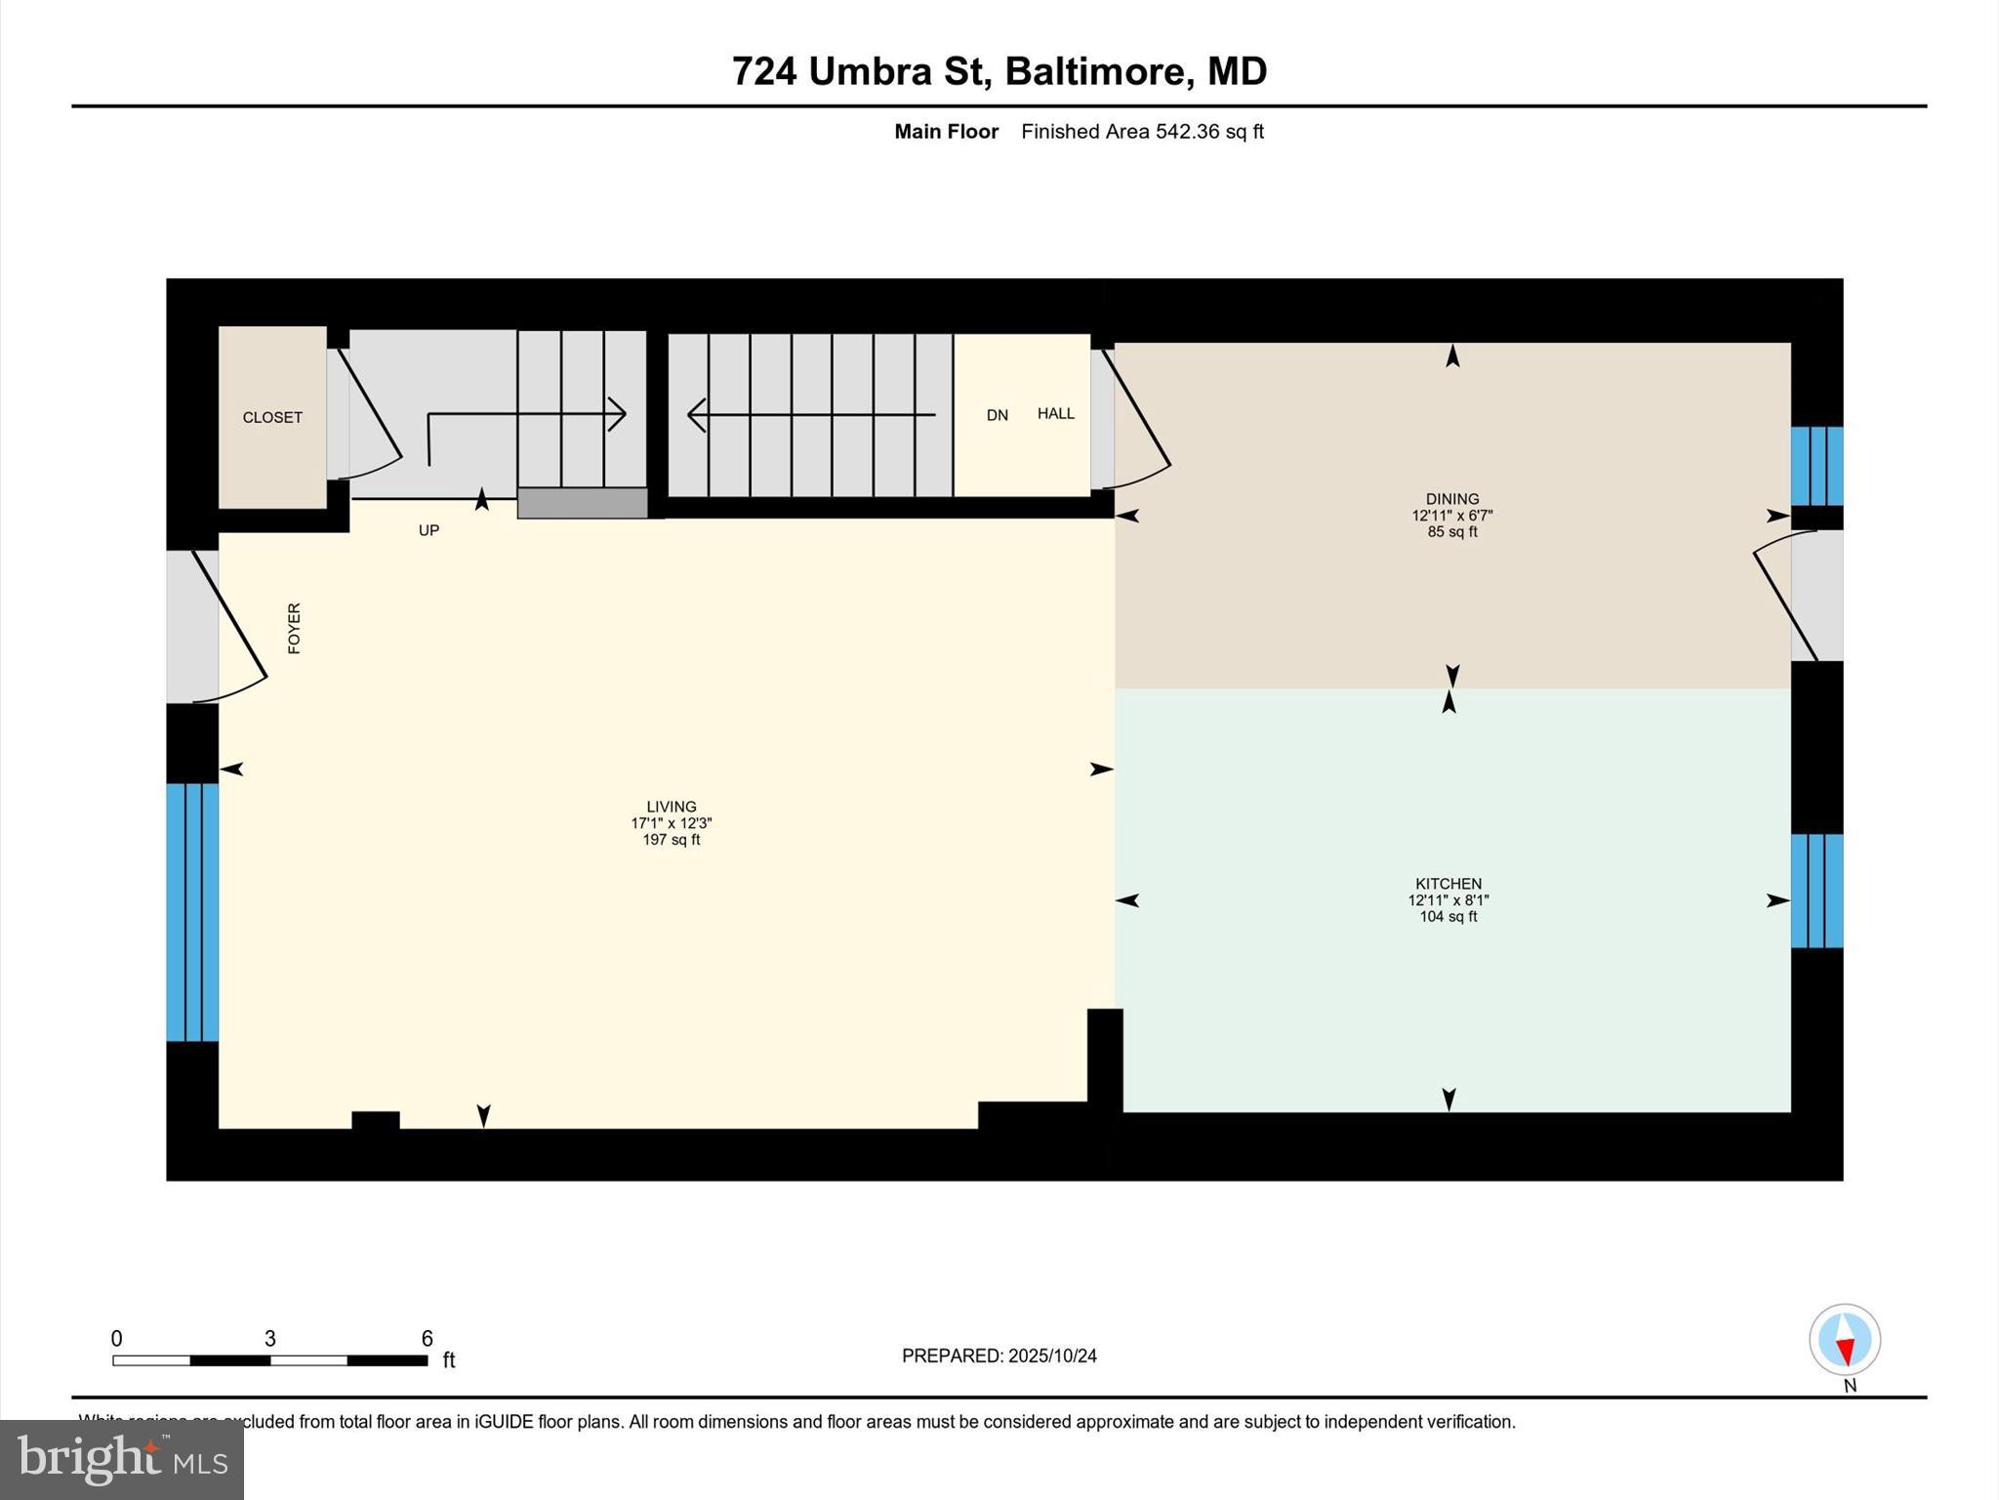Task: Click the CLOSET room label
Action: (272, 417)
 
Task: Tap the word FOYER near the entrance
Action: (294, 628)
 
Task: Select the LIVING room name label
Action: (672, 807)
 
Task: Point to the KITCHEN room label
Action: (1448, 884)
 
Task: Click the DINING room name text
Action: (1452, 499)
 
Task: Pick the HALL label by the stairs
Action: (1055, 414)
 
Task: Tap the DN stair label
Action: (997, 415)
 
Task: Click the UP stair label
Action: (428, 530)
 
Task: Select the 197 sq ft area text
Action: (672, 840)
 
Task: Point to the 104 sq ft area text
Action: (1448, 917)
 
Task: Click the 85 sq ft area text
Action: (1452, 532)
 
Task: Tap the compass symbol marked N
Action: (1845, 1340)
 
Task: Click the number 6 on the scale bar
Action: (427, 1339)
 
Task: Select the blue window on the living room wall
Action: (192, 912)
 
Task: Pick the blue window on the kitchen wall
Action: (1816, 891)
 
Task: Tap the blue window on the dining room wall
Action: (1816, 466)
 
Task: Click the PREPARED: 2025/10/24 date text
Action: (999, 1355)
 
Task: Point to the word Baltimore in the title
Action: (1097, 71)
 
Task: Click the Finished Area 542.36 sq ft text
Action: (1142, 132)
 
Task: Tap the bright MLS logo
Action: (122, 1459)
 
